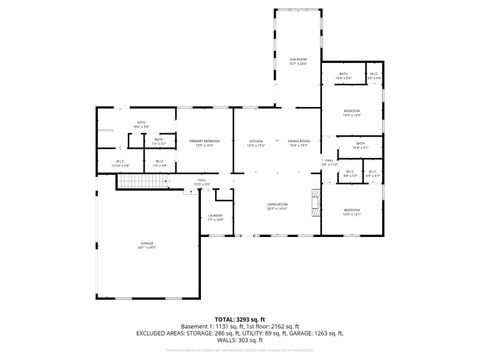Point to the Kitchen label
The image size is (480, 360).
[255, 144]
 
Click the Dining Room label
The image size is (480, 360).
[299, 144]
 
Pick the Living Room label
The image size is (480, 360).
[277, 206]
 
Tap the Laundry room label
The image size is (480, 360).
[215, 217]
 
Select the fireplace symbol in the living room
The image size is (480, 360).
[316, 199]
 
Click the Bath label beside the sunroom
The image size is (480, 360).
[342, 76]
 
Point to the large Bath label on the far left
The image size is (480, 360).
[141, 125]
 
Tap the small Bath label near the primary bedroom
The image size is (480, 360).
[158, 142]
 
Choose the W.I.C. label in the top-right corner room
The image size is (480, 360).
[372, 76]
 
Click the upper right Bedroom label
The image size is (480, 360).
[352, 112]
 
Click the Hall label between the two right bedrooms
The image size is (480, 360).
[328, 161]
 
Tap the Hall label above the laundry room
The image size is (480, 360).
[201, 183]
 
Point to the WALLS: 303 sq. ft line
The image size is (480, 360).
[240, 339]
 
